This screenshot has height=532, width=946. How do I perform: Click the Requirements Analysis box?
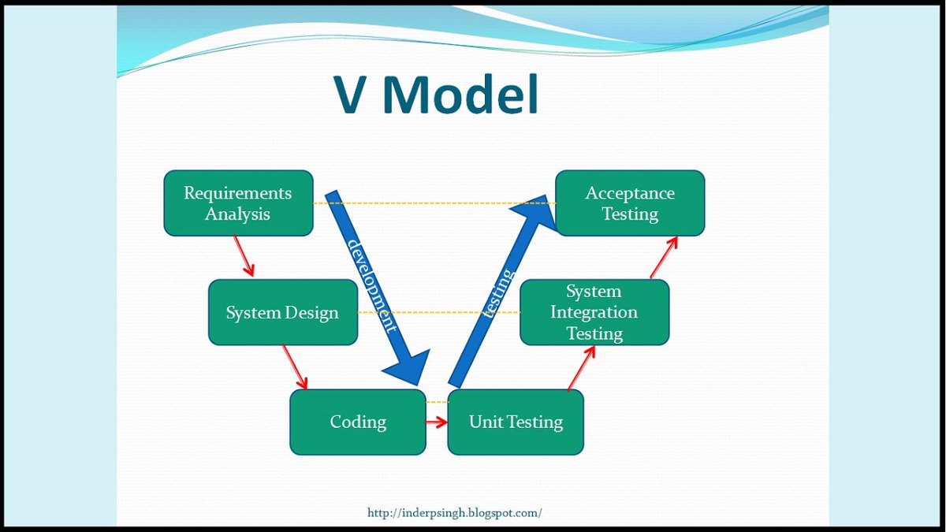point(238,203)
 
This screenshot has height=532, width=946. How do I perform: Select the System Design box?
point(282,312)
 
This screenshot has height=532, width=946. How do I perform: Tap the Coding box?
point(358,422)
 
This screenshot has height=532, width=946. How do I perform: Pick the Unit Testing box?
point(516,422)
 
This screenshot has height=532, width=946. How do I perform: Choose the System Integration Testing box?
point(594,312)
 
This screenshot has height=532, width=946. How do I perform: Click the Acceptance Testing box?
point(630,203)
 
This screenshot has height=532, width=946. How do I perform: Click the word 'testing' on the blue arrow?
point(498,293)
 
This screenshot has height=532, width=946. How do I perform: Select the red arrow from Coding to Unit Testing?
point(436,422)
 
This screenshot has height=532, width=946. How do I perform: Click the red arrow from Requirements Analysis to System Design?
point(244,255)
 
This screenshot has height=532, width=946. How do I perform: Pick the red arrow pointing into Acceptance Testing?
point(664,256)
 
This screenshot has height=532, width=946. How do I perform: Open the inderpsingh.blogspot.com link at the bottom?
point(455,513)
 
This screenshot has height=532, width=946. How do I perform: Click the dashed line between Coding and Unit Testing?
point(437,403)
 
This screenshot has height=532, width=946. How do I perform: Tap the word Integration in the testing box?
point(594,312)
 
